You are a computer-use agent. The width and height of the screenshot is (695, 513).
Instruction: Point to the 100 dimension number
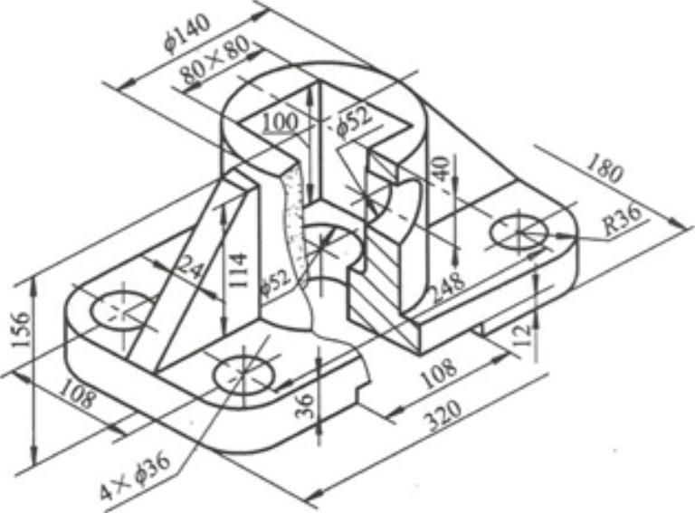(279, 121)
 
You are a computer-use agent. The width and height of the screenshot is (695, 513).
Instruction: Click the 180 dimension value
(604, 169)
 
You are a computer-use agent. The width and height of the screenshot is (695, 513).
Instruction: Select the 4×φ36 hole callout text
(135, 476)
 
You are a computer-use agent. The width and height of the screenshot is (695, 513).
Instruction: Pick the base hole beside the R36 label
(519, 233)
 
